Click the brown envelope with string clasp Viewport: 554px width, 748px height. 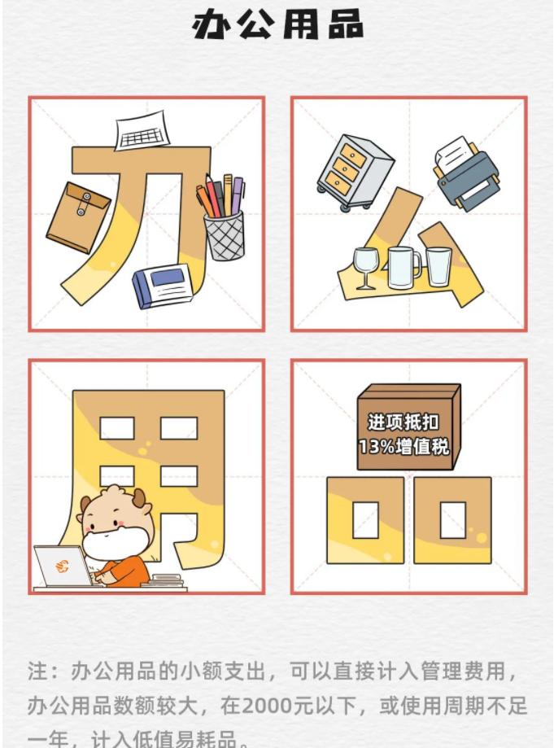(77, 216)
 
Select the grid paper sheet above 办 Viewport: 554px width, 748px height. (141, 134)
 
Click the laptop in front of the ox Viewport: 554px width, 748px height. (63, 566)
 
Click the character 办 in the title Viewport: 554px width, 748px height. (213, 25)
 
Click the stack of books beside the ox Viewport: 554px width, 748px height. (167, 580)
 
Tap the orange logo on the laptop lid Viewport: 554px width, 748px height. (62, 566)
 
